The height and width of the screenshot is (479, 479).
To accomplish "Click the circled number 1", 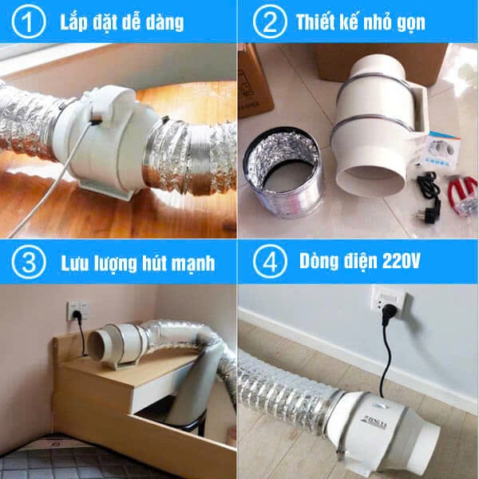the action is [x=29, y=21].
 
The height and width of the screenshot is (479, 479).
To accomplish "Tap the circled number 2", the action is [x=270, y=21].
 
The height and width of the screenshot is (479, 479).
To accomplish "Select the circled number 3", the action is [x=29, y=262].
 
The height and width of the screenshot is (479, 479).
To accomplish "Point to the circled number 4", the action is [x=270, y=262].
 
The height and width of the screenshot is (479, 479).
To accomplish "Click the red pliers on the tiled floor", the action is [x=463, y=196].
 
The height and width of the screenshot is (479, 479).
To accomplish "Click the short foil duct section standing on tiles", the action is [x=283, y=172].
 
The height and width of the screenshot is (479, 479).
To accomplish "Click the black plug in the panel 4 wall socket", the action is [x=390, y=314].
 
